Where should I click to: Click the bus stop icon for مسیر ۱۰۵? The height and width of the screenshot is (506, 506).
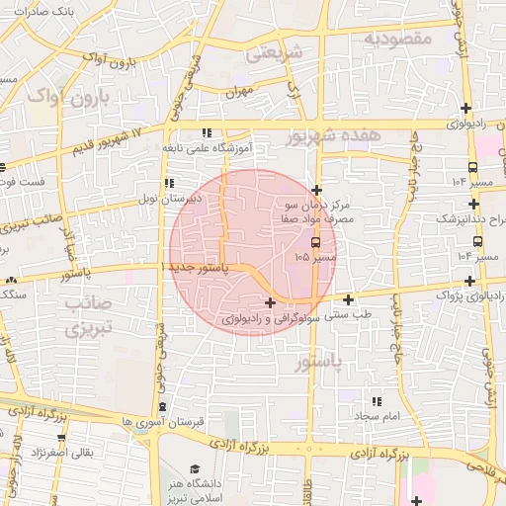[x=315, y=241]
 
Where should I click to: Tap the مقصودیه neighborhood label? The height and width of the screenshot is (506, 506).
[x=399, y=39]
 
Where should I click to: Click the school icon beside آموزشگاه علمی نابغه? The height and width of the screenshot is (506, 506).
[x=206, y=132]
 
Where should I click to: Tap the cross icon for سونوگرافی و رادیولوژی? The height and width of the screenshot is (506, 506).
[x=271, y=301]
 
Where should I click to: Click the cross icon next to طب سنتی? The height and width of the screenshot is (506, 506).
[x=348, y=299]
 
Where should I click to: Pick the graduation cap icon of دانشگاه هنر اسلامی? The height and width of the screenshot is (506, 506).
[x=195, y=468]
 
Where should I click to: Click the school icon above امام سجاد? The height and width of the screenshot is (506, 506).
[x=376, y=400]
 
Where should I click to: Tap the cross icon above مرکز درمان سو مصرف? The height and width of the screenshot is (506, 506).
[x=316, y=190]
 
